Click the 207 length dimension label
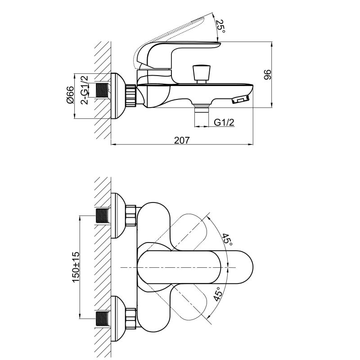tap(182, 140)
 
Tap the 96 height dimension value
tap(267, 75)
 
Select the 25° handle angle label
tap(220, 26)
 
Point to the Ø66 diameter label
tap(70, 95)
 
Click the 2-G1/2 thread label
tap(84, 90)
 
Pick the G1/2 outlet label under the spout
tap(224, 122)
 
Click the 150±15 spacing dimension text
tap(76, 267)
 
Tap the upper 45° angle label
tap(227, 239)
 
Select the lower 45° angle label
tap(218, 294)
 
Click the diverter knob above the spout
tap(202, 74)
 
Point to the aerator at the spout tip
tap(240, 99)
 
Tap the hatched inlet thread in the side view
tap(102, 90)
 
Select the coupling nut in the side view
tap(131, 95)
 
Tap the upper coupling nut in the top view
tap(131, 216)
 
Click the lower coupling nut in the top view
tap(131, 319)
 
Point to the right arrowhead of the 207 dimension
tap(251, 144)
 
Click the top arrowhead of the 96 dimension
tap(272, 45)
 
